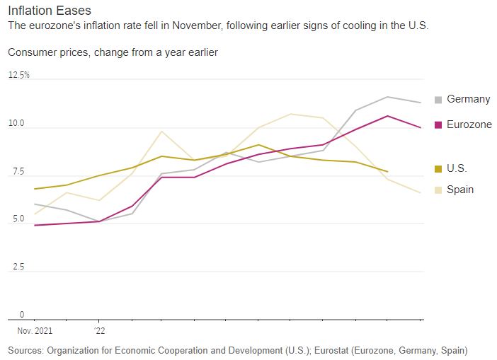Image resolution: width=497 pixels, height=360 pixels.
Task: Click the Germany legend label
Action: [x=468, y=100]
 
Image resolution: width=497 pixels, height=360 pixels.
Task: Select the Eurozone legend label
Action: [x=469, y=124]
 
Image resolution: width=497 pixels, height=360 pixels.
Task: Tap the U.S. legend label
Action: [x=457, y=168]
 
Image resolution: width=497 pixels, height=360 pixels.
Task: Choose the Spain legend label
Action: [x=460, y=190]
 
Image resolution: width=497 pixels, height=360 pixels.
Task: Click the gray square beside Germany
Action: [x=438, y=100]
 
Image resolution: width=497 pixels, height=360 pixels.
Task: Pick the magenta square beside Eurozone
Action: [x=438, y=124]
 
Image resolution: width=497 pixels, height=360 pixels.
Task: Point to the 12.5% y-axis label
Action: [x=19, y=75]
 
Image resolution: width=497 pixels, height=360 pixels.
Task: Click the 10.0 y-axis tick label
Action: [x=16, y=124]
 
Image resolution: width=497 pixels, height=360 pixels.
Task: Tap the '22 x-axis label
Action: [x=100, y=330]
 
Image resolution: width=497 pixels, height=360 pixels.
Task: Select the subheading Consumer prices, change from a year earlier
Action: [x=113, y=52]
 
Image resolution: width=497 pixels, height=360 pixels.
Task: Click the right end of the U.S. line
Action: [x=387, y=172]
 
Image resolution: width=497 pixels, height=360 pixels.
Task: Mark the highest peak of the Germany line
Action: [x=387, y=97]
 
